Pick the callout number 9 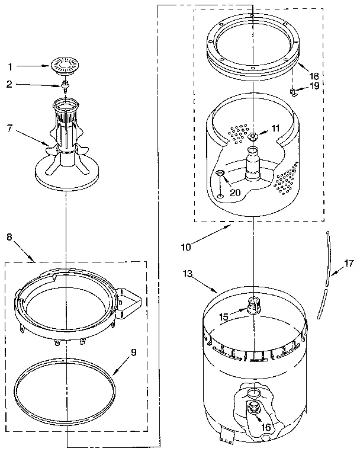(134, 352)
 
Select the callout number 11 (275, 127)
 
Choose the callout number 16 (266, 426)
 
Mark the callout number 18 (314, 76)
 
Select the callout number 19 (314, 86)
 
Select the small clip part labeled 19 (292, 91)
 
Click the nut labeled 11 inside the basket (253, 137)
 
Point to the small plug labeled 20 (220, 174)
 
